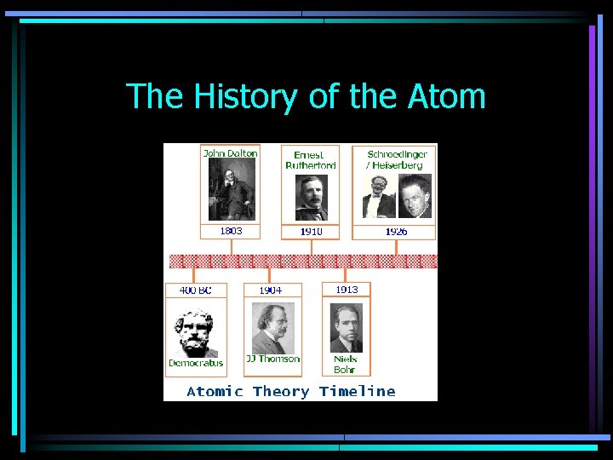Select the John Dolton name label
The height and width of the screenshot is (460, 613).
point(230,153)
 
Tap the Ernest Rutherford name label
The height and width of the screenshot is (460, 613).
point(310,160)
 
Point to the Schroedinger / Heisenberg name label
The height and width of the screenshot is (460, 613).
point(396,159)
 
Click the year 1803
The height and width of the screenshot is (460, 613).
point(231,231)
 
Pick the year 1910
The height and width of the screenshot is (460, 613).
point(311,232)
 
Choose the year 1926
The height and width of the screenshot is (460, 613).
point(396,232)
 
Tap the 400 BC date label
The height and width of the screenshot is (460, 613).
point(195,290)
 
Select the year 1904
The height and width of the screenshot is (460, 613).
point(271,290)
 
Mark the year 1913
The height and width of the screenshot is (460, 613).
point(347,290)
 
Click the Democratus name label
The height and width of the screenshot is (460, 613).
point(196,363)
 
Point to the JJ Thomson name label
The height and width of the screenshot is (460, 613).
point(272,359)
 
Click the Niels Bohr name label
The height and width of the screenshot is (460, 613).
point(346,365)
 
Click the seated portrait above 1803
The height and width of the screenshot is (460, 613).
point(231,190)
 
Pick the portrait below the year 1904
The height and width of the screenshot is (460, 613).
point(272,327)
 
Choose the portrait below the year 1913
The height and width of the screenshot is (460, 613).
point(346,327)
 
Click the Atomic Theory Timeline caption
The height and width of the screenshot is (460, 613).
point(291,392)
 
